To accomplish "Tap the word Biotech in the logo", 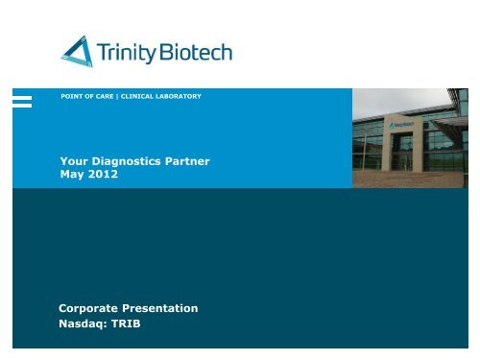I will [195, 50].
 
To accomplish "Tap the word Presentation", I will [163, 308].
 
